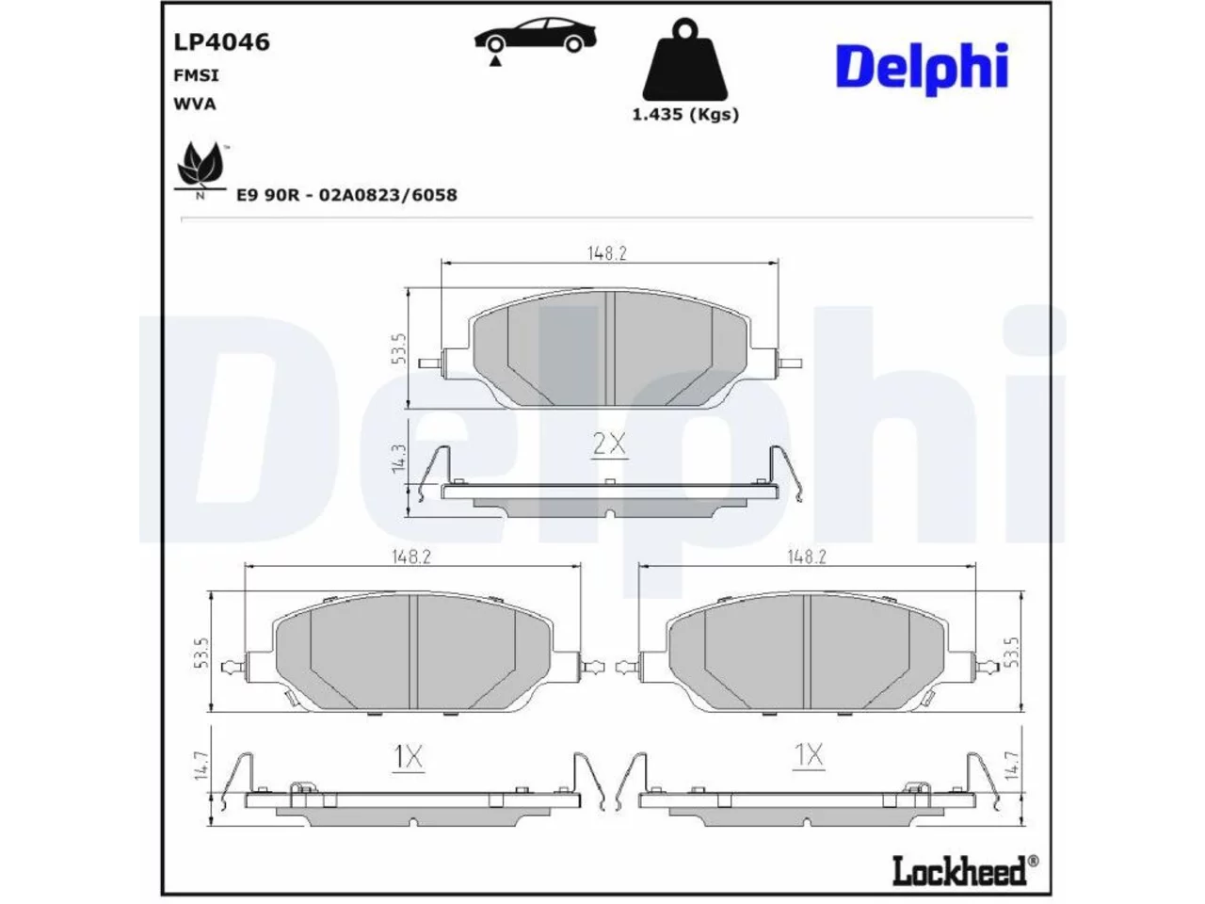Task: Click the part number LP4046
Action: (222, 42)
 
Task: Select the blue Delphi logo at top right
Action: (922, 68)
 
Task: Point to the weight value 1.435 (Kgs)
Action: (685, 115)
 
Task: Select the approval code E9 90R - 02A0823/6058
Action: (346, 195)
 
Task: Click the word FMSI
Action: (196, 75)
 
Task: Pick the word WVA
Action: (195, 105)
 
